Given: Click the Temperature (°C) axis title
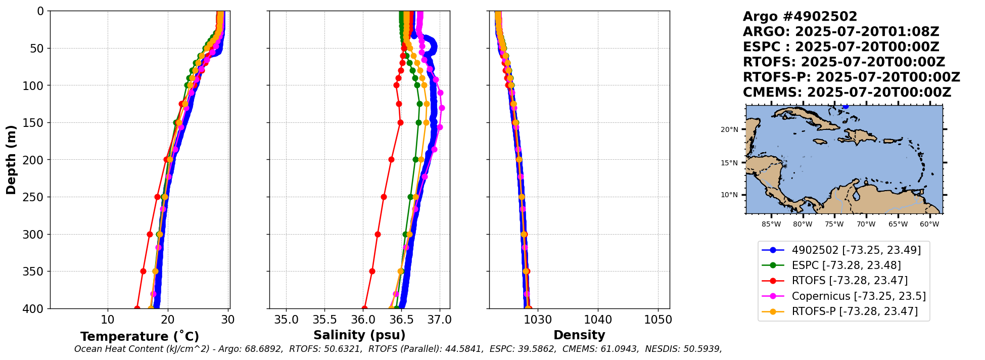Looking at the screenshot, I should coord(139,336).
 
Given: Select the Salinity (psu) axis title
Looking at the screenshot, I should coord(359,335).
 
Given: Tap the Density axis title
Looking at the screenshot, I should coord(579,335).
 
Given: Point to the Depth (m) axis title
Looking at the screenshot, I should coord(11,159).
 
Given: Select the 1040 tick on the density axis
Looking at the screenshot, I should coord(598,320).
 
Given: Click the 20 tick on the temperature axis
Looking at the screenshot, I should coord(168,320).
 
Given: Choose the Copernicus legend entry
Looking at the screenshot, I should coord(858,296).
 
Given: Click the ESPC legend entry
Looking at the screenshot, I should coord(846,265).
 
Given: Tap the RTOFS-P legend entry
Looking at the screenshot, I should coord(854,311).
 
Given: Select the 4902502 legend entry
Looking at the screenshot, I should coord(856,250).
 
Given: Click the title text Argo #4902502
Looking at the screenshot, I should coord(800,17).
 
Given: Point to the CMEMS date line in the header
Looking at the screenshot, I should coord(847,93).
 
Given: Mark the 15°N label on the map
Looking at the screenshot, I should coord(729,163).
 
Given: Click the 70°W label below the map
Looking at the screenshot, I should coord(866,224).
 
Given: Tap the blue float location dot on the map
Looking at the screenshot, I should coord(846,106).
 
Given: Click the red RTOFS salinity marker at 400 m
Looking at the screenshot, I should coord(364,308).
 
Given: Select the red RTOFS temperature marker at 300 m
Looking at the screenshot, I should coord(150,234).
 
